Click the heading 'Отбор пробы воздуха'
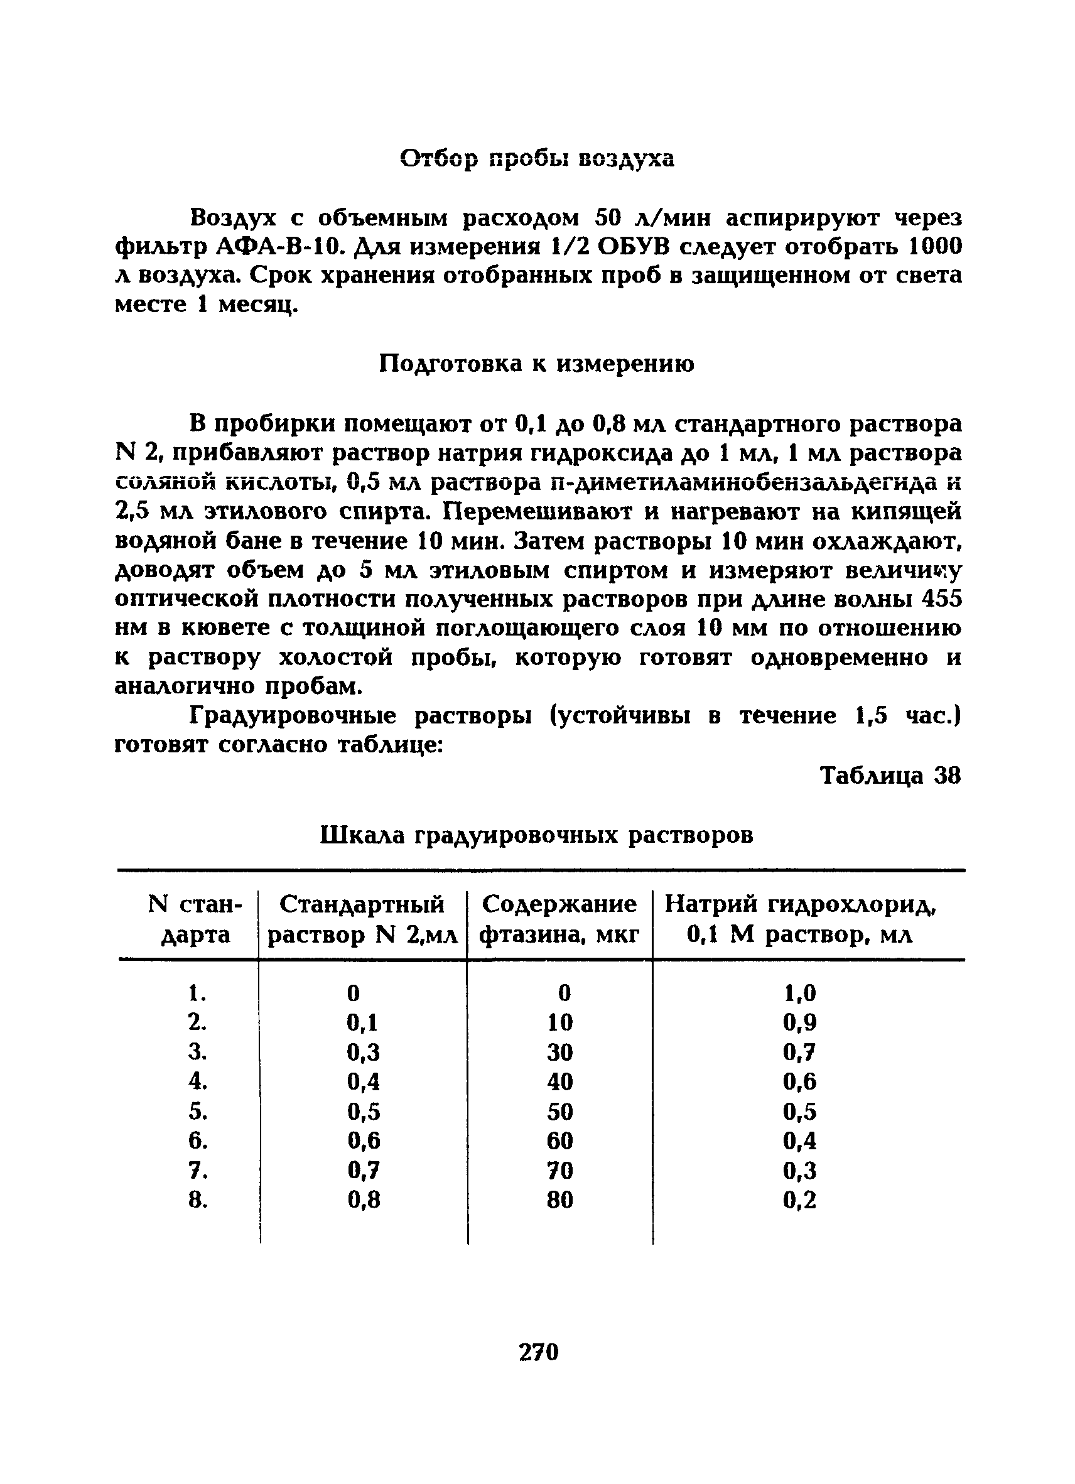tap(536, 158)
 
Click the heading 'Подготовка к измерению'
tap(536, 363)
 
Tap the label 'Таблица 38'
tap(890, 776)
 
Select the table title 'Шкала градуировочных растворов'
tap(536, 835)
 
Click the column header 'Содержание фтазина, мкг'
tap(559, 919)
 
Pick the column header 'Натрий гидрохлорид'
tap(800, 904)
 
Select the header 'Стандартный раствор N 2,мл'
tap(362, 919)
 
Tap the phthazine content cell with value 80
tap(559, 1200)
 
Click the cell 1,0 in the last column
tap(799, 994)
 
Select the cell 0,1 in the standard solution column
tap(362, 1022)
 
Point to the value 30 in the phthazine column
tap(559, 1052)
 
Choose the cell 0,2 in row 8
tap(799, 1200)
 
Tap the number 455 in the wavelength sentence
tap(941, 598)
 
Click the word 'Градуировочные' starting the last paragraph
tap(293, 716)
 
